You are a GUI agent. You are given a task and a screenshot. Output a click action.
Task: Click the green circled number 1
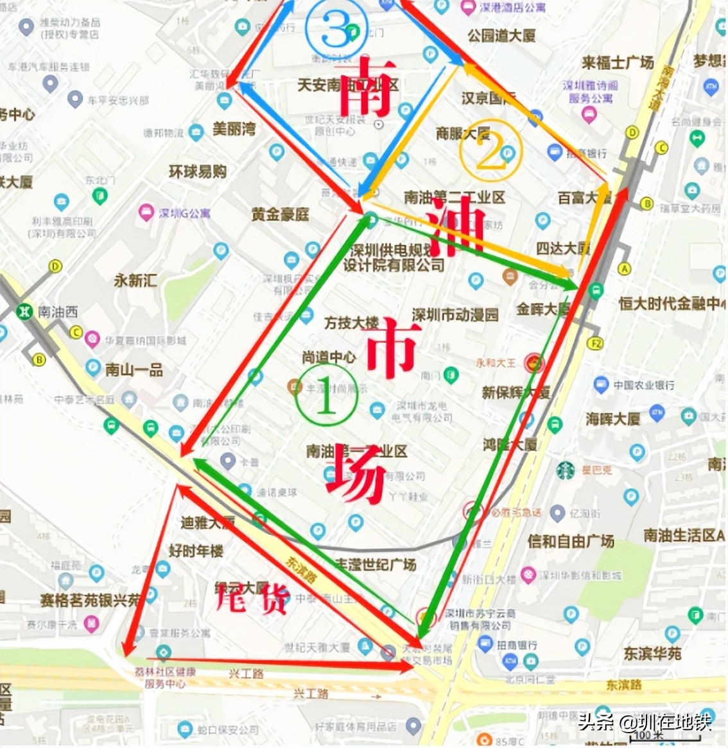(325, 396)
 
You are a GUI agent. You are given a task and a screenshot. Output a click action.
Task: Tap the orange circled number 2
(490, 151)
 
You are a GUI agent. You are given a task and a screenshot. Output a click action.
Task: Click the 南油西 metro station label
(57, 312)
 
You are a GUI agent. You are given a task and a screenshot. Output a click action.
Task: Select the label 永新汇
(135, 280)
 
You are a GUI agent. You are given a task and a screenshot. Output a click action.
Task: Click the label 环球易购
(198, 171)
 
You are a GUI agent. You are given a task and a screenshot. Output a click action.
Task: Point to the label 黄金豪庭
(280, 214)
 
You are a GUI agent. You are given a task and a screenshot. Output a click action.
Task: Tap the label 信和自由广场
(571, 541)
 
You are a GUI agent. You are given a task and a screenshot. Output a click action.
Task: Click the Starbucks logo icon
(566, 470)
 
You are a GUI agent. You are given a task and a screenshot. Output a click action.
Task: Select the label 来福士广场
(617, 62)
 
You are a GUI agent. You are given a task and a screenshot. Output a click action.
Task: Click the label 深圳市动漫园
(455, 314)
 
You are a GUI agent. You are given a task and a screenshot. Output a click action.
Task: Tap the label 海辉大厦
(612, 419)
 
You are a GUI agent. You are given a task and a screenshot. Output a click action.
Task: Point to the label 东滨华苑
(652, 653)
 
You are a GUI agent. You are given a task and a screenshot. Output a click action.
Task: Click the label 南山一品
(134, 370)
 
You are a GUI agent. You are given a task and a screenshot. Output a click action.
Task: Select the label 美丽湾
(234, 128)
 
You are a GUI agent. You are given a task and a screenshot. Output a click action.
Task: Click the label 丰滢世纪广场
(376, 564)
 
